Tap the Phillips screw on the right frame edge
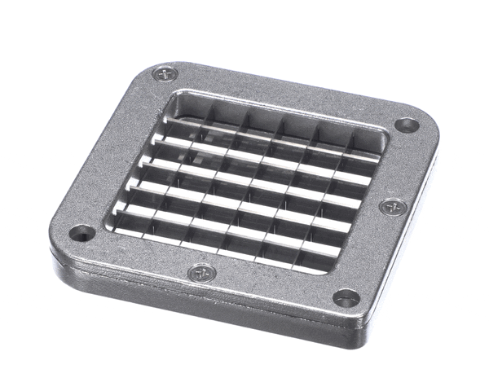click(x=393, y=206)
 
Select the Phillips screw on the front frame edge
click(x=199, y=273)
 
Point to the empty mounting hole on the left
click(x=81, y=234)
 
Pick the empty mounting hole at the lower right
click(x=346, y=298)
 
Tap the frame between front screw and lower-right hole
click(x=272, y=286)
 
